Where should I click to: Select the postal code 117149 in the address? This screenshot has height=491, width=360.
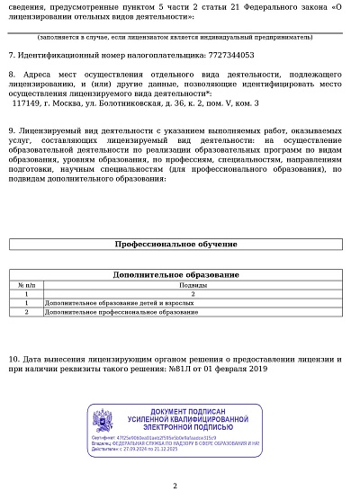[x=25, y=103]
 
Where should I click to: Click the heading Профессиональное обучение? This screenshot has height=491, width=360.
[x=176, y=244]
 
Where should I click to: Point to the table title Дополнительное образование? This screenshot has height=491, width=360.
[x=176, y=274]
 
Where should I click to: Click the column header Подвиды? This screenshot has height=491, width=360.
[x=193, y=284]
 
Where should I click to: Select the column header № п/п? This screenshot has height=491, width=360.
[x=27, y=284]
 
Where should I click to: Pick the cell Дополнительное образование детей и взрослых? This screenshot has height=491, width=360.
[x=100, y=302]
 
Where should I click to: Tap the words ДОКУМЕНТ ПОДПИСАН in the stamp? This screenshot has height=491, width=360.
[x=187, y=410]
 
